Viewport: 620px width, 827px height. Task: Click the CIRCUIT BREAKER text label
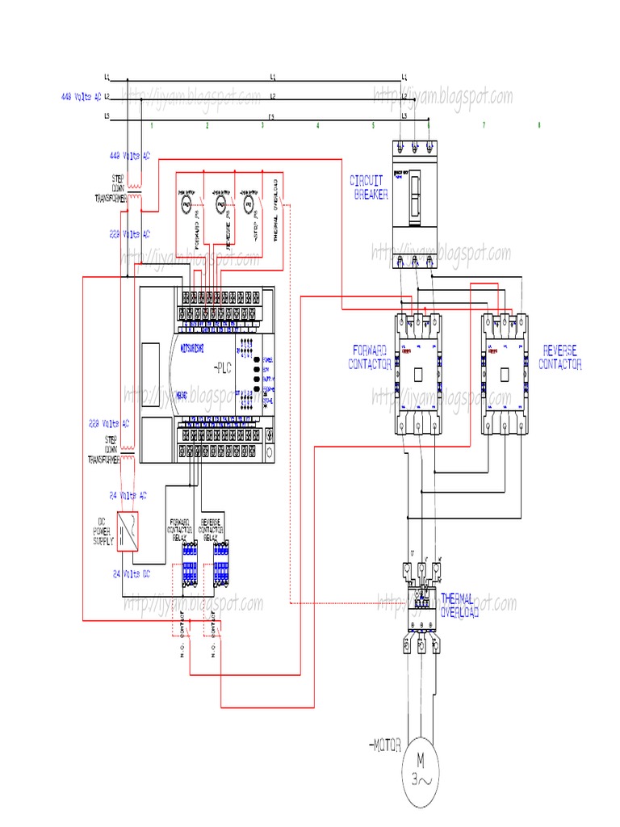[x=369, y=187]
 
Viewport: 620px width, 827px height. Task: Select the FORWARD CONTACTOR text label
[x=371, y=356]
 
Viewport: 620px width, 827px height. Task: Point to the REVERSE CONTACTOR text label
[x=560, y=356]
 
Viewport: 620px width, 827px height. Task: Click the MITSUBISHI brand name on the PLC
[x=188, y=343]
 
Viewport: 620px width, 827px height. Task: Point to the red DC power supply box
[x=128, y=531]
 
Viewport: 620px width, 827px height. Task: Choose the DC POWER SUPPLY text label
[x=103, y=531]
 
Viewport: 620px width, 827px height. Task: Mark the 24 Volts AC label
[x=128, y=495]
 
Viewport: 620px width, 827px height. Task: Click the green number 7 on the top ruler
[x=484, y=126]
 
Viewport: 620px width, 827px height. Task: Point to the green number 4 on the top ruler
[x=317, y=126]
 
